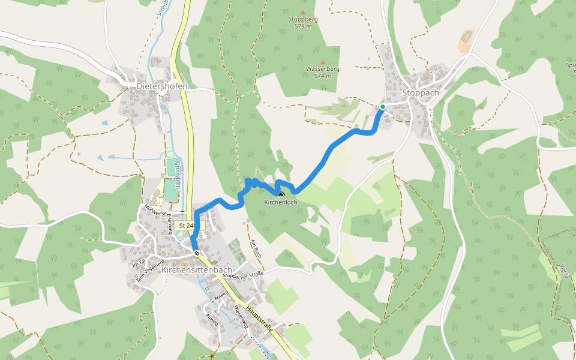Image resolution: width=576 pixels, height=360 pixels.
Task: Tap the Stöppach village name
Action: click(x=421, y=93)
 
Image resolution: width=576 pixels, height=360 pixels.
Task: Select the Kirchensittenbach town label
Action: click(x=197, y=270)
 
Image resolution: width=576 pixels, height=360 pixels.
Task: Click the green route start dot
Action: click(x=382, y=107)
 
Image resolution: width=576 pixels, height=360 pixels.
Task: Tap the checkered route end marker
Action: click(x=197, y=253)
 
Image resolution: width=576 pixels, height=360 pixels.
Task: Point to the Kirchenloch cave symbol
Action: click(x=281, y=193)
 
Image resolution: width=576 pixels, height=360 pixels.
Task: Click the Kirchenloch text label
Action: click(x=281, y=203)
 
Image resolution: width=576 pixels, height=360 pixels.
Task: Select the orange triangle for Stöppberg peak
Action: click(x=303, y=12)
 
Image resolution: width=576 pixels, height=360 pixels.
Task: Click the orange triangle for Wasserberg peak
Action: click(x=323, y=62)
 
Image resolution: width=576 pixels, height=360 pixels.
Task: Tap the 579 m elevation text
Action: click(x=303, y=26)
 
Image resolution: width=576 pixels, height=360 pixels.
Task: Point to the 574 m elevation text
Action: click(x=323, y=76)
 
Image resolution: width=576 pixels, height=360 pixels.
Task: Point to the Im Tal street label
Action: click(x=138, y=263)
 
